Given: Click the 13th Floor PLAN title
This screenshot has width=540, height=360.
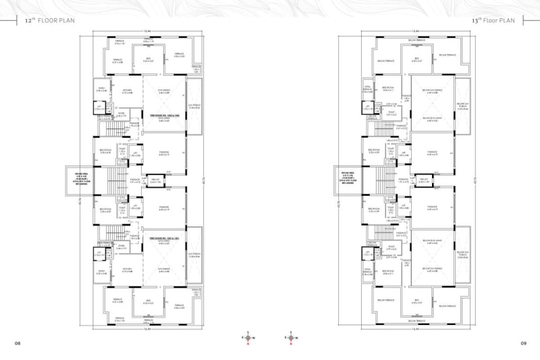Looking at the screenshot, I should [x=496, y=21].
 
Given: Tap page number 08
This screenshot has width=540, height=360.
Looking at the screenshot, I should [x=18, y=344].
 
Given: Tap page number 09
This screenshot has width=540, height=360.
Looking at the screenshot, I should [x=522, y=344].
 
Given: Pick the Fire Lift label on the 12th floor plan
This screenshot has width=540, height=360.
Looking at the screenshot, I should [x=155, y=180].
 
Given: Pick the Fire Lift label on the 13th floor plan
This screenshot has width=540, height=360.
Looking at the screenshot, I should [x=424, y=180].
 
